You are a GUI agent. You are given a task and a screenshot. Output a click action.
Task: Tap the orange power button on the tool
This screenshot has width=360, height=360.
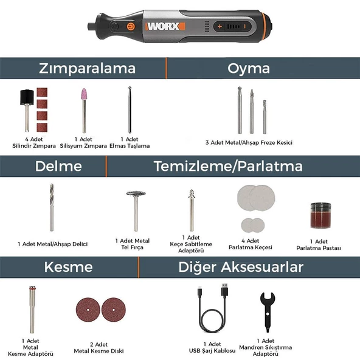(x=130, y=26)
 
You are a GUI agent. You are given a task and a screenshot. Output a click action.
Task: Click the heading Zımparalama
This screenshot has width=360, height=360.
(x=87, y=67)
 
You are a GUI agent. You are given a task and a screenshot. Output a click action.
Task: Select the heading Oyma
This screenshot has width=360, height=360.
(x=249, y=67)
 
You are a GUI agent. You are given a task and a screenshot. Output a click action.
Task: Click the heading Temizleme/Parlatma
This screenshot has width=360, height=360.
(x=227, y=166)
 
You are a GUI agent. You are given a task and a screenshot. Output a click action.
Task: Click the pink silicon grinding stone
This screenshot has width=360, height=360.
(x=84, y=97)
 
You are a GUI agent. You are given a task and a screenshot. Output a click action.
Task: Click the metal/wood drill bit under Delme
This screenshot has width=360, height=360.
(x=52, y=207)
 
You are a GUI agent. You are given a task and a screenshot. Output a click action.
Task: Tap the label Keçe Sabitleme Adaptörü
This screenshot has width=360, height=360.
(x=190, y=244)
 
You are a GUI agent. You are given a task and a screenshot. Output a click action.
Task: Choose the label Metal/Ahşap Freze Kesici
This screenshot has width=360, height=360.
(x=249, y=142)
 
